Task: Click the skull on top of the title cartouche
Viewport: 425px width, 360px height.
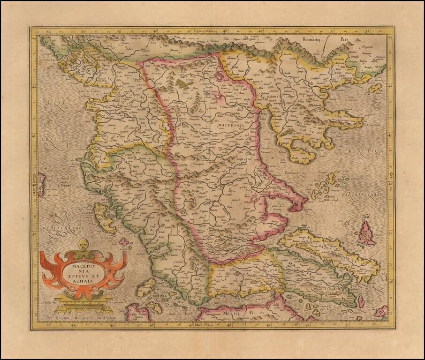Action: pyautogui.click(x=83, y=244)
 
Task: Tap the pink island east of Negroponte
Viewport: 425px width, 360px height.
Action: pyautogui.click(x=366, y=233)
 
